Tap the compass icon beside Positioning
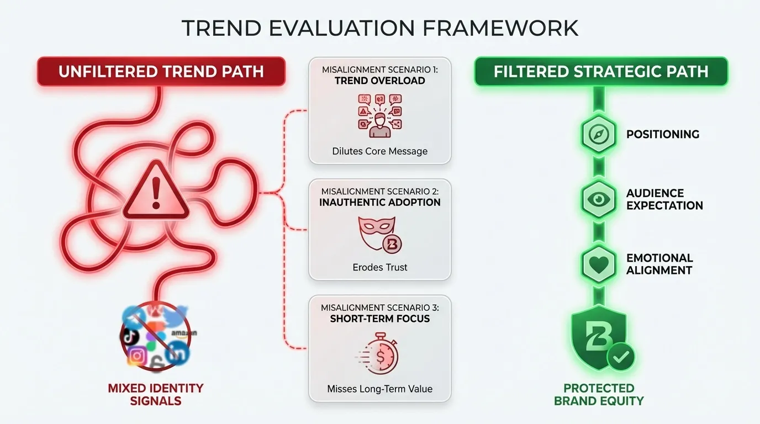(599, 134)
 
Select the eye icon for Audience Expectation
(599, 199)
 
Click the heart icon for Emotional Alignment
(599, 264)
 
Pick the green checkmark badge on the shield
(621, 357)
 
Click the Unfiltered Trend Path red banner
(161, 71)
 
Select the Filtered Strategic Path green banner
(601, 71)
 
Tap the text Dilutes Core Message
(379, 151)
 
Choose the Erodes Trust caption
(379, 267)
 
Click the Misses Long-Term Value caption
(379, 389)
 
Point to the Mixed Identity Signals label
(155, 394)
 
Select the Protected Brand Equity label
(599, 394)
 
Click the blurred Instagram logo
(136, 356)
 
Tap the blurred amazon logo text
(183, 333)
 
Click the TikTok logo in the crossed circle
(131, 335)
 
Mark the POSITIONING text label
(662, 134)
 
